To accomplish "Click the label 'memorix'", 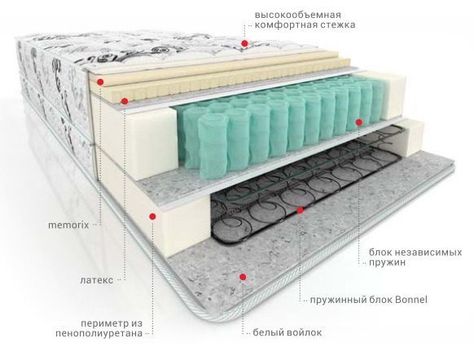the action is (x=68, y=225).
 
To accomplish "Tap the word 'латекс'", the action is (x=97, y=280).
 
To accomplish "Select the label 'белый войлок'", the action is (x=287, y=333).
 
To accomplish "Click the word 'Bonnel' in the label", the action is (x=411, y=300).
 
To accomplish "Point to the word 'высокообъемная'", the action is (x=298, y=15).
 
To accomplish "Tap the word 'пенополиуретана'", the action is (x=99, y=333).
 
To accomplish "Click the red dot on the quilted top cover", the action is (x=244, y=43).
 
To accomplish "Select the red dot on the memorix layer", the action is (x=100, y=82).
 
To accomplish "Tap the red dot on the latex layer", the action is (x=125, y=101).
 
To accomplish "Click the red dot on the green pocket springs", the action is (x=359, y=122).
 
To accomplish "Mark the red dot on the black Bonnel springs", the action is (x=300, y=210).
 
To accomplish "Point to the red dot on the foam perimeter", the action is (x=152, y=216).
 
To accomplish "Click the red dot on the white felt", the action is (x=243, y=277).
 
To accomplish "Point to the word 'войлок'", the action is (x=304, y=333).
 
